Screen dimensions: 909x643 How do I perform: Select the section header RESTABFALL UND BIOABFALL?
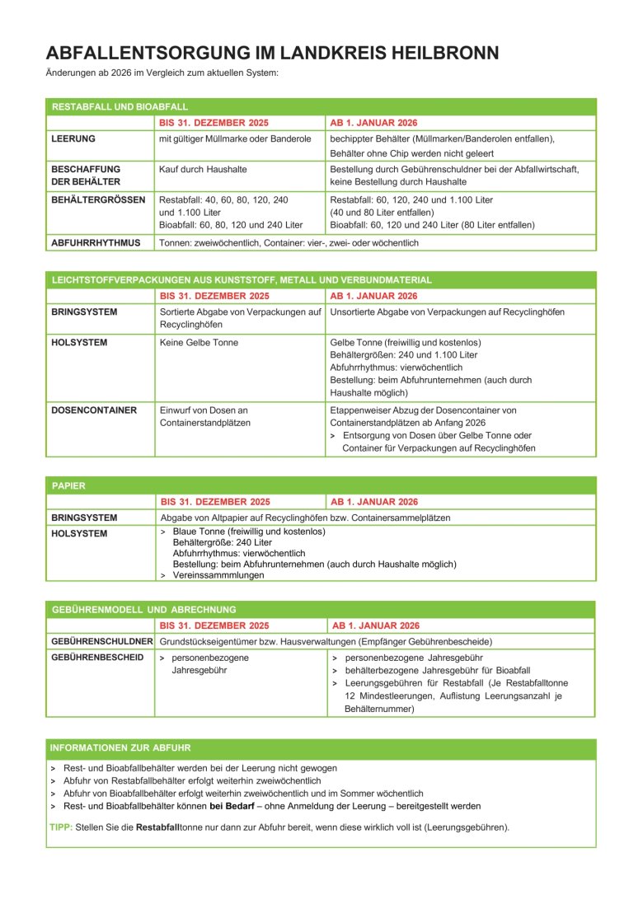120,107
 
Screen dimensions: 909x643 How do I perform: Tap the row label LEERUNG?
73,138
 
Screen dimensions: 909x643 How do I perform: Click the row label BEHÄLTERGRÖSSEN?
98,199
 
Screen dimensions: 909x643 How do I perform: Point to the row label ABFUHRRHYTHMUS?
96,243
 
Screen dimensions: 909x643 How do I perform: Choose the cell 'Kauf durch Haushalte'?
203,169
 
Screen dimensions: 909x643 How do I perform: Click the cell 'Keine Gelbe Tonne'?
198,342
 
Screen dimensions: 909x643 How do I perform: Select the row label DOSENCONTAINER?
94,410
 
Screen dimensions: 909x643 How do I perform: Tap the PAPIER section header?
68,485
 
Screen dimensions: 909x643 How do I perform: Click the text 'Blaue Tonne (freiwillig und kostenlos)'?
249,532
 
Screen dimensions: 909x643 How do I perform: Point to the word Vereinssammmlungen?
218,575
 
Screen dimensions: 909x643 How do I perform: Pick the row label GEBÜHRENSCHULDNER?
102,641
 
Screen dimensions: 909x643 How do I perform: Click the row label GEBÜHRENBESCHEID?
97,657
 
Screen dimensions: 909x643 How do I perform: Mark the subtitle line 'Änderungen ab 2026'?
162,73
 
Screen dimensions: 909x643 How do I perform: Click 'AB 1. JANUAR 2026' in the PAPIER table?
374,501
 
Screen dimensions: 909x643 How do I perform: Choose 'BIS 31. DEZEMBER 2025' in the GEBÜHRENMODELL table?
214,626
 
